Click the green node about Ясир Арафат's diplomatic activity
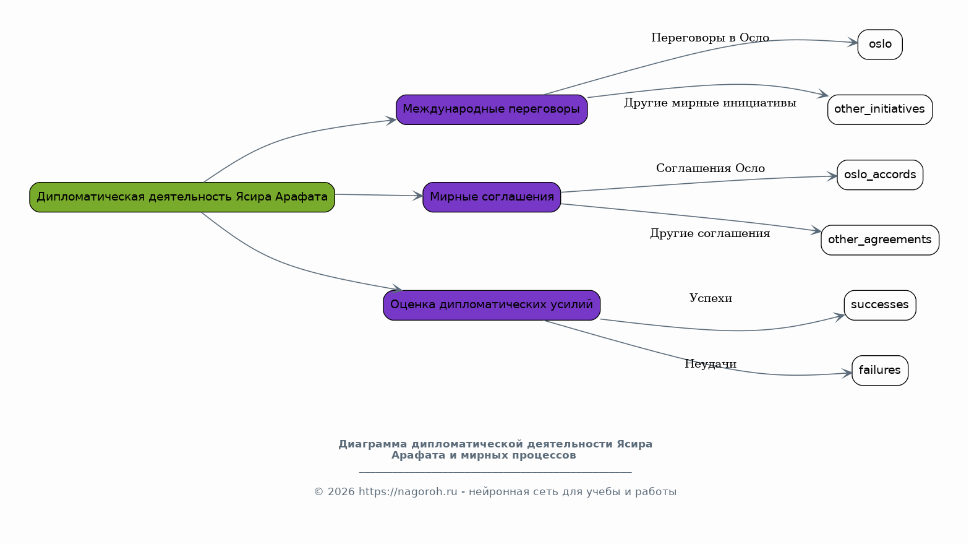[182, 197]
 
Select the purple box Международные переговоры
[492, 110]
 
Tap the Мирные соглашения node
[492, 197]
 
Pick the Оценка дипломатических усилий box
[492, 306]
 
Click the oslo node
[880, 45]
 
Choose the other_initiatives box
[880, 110]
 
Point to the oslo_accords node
[880, 175]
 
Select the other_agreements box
[880, 240]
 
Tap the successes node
[880, 306]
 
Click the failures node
[880, 371]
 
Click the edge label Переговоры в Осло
[710, 38]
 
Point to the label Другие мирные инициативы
[710, 103]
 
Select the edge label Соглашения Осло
[711, 168]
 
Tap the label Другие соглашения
[710, 234]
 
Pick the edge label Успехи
[711, 299]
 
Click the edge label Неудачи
[711, 364]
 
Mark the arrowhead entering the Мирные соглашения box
[417, 196]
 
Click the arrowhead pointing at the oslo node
[853, 43]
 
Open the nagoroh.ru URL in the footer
[408, 492]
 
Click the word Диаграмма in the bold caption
[372, 444]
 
